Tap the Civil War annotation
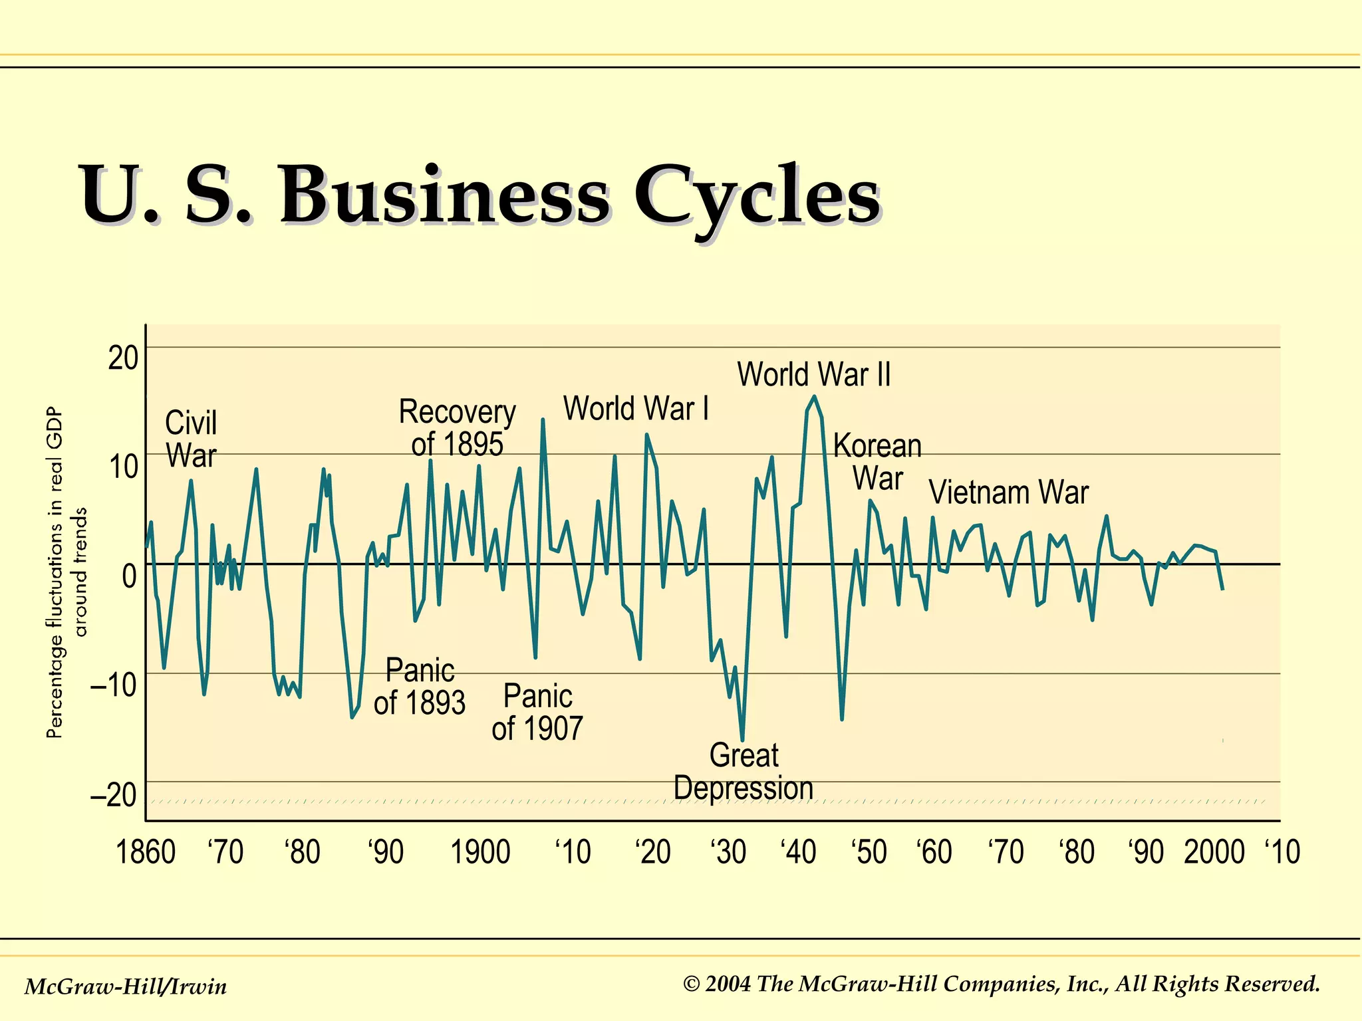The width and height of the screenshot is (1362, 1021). click(191, 439)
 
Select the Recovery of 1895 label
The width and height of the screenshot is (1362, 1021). click(457, 428)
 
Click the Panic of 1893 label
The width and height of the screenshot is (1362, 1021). click(420, 687)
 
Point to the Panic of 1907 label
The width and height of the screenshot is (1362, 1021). click(537, 713)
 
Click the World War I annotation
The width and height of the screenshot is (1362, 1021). click(636, 408)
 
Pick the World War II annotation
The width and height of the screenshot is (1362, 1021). click(813, 374)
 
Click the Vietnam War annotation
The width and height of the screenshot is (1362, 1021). click(1008, 493)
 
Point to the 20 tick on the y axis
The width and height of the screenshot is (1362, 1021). click(123, 359)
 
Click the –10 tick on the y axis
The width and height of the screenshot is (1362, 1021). click(114, 684)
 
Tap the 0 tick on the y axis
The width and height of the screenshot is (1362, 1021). click(130, 576)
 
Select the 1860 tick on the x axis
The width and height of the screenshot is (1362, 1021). click(146, 852)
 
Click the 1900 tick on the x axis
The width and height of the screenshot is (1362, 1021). click(480, 852)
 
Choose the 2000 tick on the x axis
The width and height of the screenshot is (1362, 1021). click(1214, 852)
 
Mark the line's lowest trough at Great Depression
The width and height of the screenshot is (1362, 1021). click(742, 740)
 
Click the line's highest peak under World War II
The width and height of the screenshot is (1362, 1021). click(814, 397)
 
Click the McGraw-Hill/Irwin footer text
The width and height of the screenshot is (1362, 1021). click(126, 986)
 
